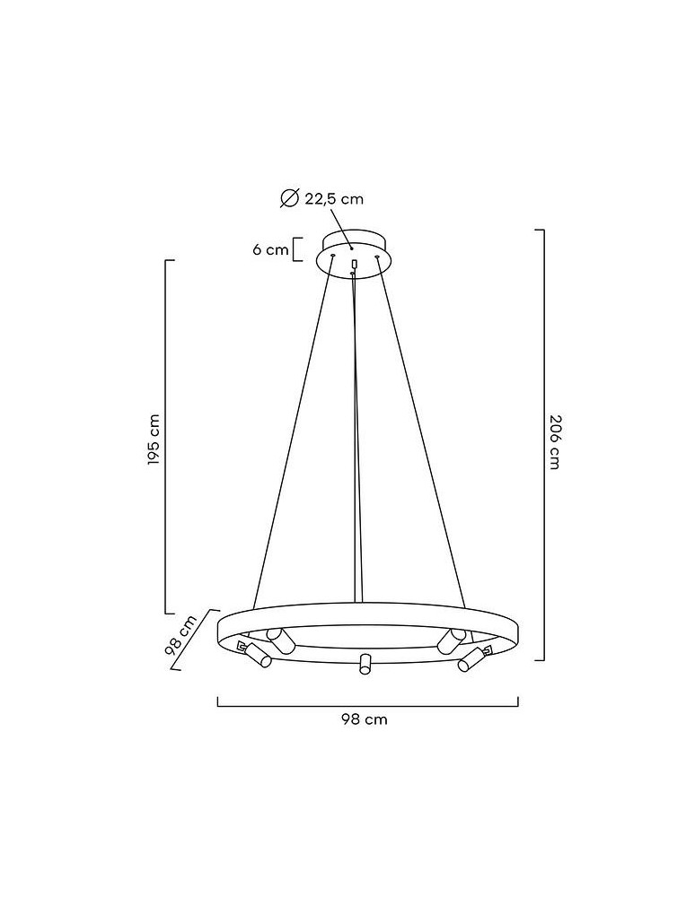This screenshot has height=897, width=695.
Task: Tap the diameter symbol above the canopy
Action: [289, 199]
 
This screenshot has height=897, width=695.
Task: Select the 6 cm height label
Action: [269, 249]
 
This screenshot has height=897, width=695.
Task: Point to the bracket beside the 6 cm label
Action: [297, 248]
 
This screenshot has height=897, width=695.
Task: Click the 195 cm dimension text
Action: [154, 440]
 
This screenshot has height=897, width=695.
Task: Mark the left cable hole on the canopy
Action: [332, 257]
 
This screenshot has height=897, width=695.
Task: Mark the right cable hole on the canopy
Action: [377, 257]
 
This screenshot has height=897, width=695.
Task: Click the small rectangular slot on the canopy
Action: [356, 263]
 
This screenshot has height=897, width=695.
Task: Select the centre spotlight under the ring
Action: [365, 664]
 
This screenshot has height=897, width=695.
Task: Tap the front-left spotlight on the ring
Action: [260, 656]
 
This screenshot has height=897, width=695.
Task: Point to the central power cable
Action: [358, 431]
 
